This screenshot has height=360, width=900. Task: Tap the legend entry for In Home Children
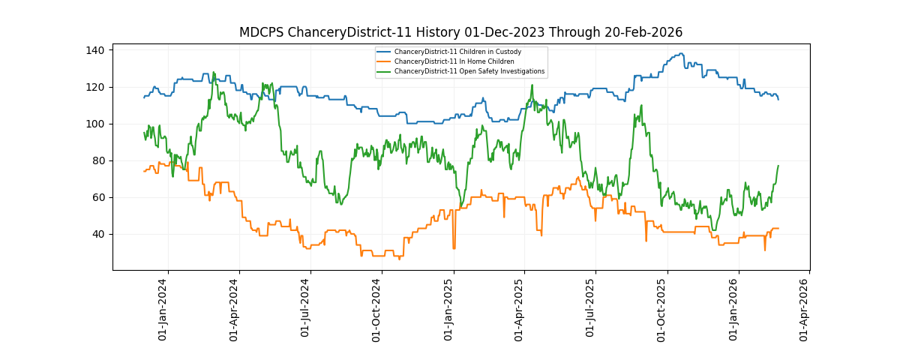[x=454, y=61]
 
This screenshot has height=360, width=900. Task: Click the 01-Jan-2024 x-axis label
[x=163, y=309]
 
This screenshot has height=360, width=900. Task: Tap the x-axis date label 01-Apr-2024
[x=235, y=309]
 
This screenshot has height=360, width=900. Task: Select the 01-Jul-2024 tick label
[x=306, y=309]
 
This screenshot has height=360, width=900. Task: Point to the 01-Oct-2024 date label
[x=377, y=309]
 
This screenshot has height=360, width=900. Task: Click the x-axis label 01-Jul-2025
[x=591, y=309]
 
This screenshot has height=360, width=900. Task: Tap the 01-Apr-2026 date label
[x=805, y=309]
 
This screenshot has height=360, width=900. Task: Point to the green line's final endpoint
[x=778, y=166]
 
